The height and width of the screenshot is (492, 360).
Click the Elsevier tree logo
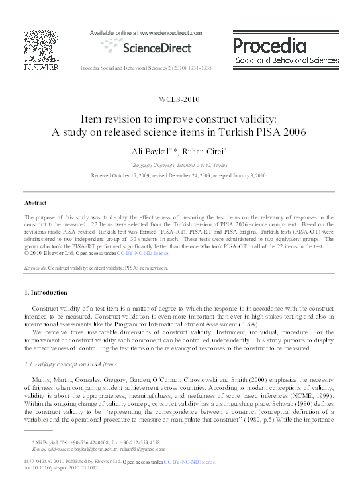(28, 46)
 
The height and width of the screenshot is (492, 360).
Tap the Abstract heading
(35, 201)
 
